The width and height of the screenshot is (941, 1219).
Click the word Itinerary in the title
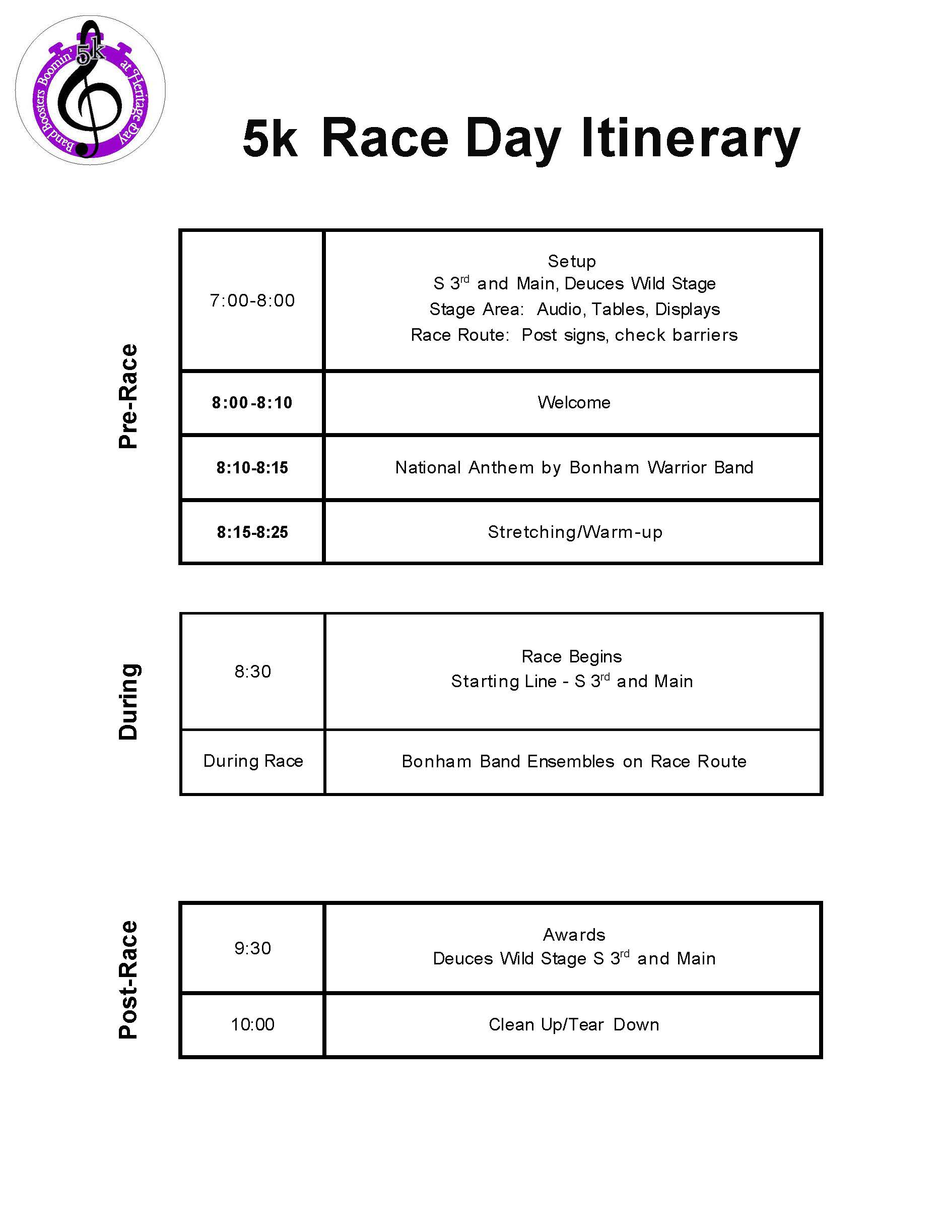691,139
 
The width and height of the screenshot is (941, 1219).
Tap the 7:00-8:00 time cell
252,301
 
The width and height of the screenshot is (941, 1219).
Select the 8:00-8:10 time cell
252,402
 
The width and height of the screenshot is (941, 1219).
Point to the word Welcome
573,402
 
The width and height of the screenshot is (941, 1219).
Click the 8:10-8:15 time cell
252,467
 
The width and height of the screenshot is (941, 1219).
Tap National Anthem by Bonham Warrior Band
573,467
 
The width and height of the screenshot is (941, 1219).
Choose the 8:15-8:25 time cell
252,532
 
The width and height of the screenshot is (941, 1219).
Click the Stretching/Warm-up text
575,532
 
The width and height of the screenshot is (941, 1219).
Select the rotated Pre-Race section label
128,396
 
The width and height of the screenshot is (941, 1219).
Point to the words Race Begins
571,656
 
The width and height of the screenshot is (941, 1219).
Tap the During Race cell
253,761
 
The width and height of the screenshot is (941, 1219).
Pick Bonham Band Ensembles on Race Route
573,761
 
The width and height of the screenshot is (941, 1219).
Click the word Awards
573,934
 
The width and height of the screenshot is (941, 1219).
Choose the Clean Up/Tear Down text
573,1024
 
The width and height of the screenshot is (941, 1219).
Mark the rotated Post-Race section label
128,979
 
